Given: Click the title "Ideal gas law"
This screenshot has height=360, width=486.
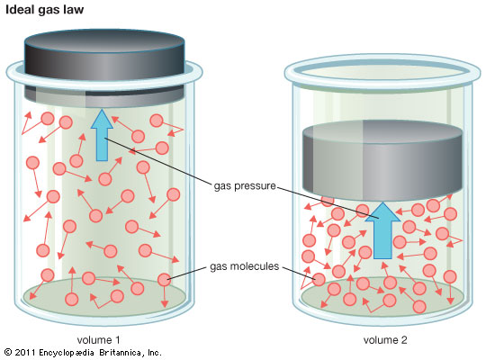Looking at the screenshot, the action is pyautogui.click(x=45, y=10).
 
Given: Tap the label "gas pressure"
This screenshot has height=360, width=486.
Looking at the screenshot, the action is pyautogui.click(x=245, y=186).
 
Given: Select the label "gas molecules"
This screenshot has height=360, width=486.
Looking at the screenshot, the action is pyautogui.click(x=245, y=266).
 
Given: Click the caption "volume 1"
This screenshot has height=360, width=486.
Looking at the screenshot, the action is pyautogui.click(x=98, y=340).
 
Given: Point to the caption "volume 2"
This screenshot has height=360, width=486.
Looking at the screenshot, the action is pyautogui.click(x=385, y=340).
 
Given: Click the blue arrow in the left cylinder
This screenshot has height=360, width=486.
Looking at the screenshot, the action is pyautogui.click(x=102, y=135).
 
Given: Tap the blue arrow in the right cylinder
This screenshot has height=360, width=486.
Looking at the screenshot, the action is pyautogui.click(x=382, y=230).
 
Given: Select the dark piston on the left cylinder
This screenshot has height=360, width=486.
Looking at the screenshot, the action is pyautogui.click(x=104, y=67).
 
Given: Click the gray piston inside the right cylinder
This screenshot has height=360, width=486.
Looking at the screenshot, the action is pyautogui.click(x=382, y=160).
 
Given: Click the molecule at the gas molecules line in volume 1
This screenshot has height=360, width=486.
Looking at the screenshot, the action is pyautogui.click(x=164, y=280).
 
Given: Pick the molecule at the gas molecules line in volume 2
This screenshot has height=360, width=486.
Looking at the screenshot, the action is pyautogui.click(x=319, y=279).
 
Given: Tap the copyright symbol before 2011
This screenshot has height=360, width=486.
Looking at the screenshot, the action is pyautogui.click(x=8, y=352).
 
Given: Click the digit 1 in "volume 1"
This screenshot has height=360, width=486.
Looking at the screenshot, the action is pyautogui.click(x=117, y=340).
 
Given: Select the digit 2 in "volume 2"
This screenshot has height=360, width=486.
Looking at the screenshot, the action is pyautogui.click(x=403, y=340).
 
